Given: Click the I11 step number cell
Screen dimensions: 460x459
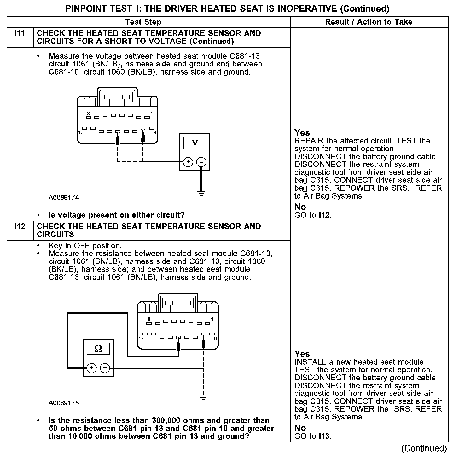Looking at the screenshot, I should (20, 33).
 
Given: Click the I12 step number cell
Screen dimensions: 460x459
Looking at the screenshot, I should (20, 227).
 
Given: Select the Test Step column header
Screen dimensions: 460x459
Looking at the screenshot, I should (143, 22).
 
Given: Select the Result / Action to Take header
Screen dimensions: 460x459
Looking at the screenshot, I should (369, 22).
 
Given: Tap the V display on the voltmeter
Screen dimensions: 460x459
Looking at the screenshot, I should (195, 143).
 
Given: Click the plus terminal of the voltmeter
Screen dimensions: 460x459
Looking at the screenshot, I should (188, 162).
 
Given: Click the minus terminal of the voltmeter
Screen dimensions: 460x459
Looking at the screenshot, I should (201, 162).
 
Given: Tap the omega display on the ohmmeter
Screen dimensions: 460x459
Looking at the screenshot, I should (98, 349).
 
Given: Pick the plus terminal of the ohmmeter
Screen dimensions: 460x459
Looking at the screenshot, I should (91, 368).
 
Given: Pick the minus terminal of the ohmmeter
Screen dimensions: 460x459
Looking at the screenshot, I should (105, 368).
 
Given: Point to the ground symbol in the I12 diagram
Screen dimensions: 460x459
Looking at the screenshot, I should (204, 397).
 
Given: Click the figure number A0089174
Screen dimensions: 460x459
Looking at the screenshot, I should (64, 198).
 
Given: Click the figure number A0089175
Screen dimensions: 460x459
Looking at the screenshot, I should (64, 403).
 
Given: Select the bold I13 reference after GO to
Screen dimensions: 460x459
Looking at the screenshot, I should (324, 436).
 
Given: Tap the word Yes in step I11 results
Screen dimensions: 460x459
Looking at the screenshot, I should (302, 132).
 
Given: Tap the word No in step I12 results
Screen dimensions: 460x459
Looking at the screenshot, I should (300, 428).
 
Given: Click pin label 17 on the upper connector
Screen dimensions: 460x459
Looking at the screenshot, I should (81, 132).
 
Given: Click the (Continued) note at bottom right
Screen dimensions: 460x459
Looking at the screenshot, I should (424, 448).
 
